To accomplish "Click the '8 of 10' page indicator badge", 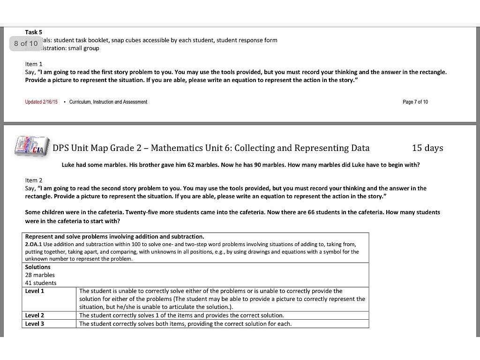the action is pyautogui.click(x=25, y=44).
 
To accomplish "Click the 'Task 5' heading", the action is pyautogui.click(x=34, y=32).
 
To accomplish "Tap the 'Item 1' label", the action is pyautogui.click(x=34, y=64).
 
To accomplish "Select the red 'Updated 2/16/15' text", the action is pyautogui.click(x=41, y=102).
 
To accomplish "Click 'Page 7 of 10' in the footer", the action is pyautogui.click(x=415, y=102).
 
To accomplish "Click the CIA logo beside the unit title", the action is pyautogui.click(x=32, y=146).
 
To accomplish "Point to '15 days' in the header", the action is pyautogui.click(x=427, y=148).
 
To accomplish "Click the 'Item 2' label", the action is pyautogui.click(x=34, y=180).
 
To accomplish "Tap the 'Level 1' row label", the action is pyautogui.click(x=35, y=291).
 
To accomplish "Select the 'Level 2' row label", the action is pyautogui.click(x=35, y=315).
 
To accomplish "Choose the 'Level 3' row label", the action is pyautogui.click(x=35, y=324).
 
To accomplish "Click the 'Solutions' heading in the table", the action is pyautogui.click(x=37, y=267).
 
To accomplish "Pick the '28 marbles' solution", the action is pyautogui.click(x=40, y=275).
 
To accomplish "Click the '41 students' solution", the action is pyautogui.click(x=40, y=283).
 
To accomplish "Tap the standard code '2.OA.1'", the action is pyautogui.click(x=33, y=244).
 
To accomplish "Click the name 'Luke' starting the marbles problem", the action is pyautogui.click(x=68, y=165).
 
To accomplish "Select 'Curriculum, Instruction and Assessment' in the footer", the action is pyautogui.click(x=108, y=102).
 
